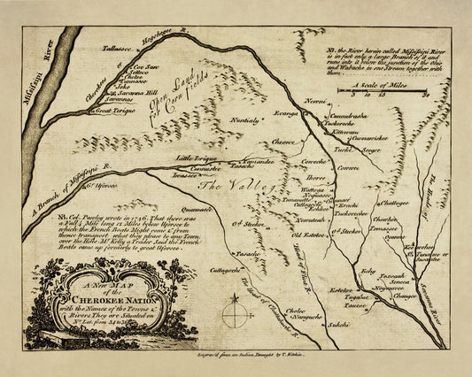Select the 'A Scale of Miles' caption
[x=373, y=86]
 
